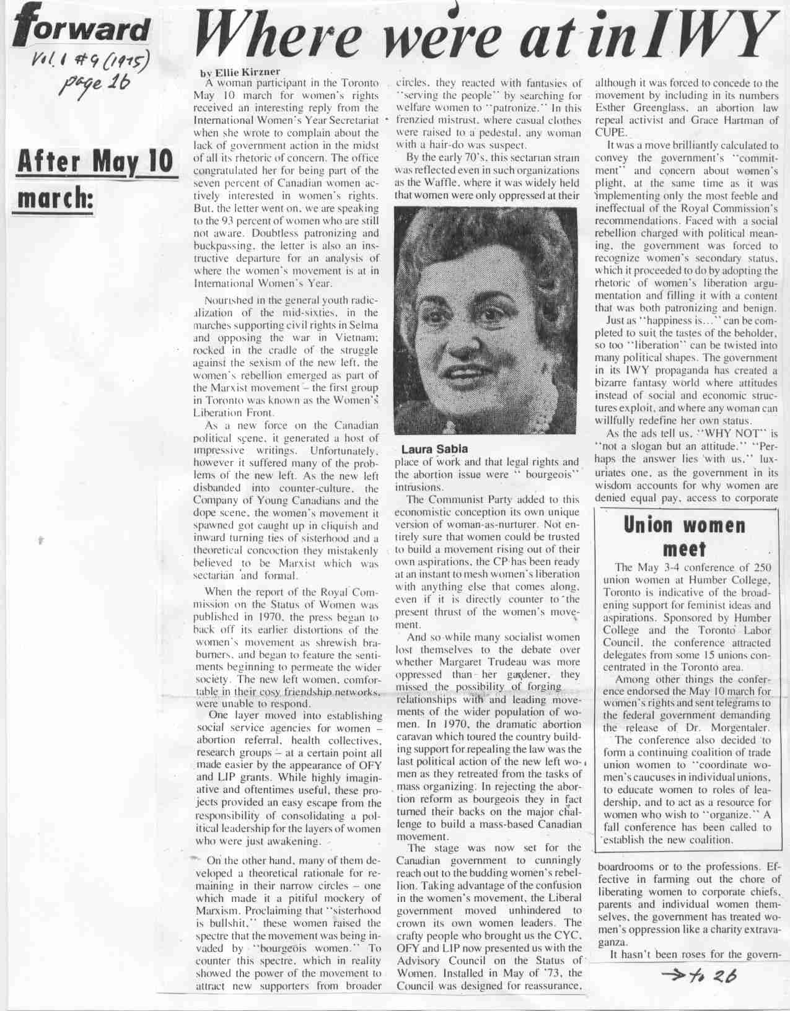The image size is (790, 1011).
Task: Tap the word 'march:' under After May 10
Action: tap(54, 200)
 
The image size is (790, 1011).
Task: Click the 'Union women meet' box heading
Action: tap(684, 536)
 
